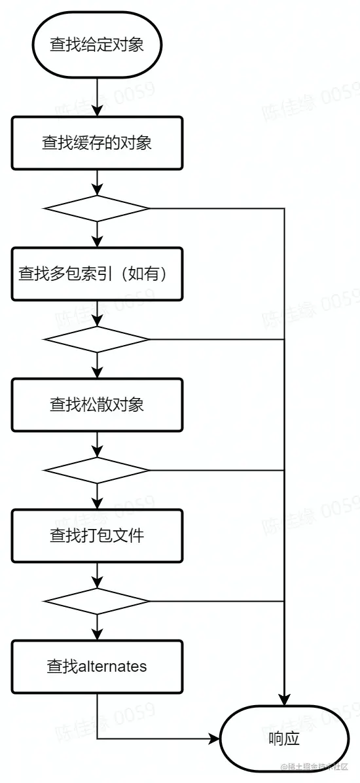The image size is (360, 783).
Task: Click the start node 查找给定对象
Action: pyautogui.click(x=97, y=46)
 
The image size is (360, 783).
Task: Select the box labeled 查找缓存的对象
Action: pyautogui.click(x=97, y=143)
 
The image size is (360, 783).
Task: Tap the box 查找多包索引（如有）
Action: pyautogui.click(x=97, y=274)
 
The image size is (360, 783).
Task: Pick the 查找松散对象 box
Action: pyautogui.click(x=97, y=405)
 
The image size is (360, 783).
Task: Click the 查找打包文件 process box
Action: pyautogui.click(x=97, y=536)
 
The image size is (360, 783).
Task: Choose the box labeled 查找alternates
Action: pyautogui.click(x=97, y=666)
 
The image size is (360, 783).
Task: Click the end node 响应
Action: pyautogui.click(x=284, y=738)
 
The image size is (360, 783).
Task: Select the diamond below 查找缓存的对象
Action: pyautogui.click(x=97, y=209)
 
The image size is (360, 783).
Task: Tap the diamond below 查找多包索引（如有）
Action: pyautogui.click(x=97, y=340)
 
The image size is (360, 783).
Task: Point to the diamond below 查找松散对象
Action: pyautogui.click(x=97, y=470)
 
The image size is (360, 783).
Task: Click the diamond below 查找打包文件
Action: pyautogui.click(x=97, y=601)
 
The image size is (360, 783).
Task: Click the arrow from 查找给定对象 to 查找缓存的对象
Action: pyautogui.click(x=97, y=94)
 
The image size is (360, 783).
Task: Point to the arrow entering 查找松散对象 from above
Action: pyautogui.click(x=97, y=365)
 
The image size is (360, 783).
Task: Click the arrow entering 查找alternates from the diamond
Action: pyautogui.click(x=97, y=627)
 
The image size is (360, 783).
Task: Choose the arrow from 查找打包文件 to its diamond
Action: pyautogui.click(x=97, y=575)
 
